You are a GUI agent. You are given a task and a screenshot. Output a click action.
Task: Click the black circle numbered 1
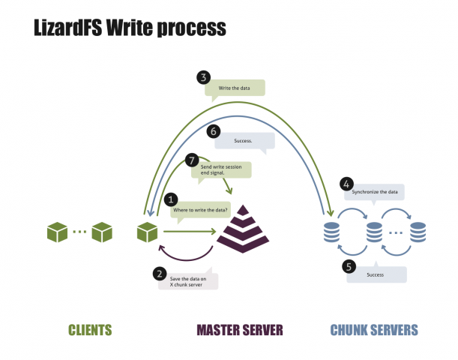pyautogui.click(x=172, y=199)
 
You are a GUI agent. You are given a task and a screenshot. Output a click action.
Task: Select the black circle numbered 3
pyautogui.click(x=203, y=76)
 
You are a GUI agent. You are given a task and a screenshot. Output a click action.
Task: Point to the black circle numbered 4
pyautogui.click(x=346, y=182)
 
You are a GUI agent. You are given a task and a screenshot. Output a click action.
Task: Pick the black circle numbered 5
pyautogui.click(x=348, y=265)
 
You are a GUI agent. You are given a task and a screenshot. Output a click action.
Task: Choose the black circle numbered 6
pyautogui.click(x=214, y=130)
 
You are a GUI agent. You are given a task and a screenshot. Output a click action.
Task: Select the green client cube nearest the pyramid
pyautogui.click(x=146, y=232)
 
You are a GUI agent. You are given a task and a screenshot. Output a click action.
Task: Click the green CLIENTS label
pyautogui.click(x=90, y=329)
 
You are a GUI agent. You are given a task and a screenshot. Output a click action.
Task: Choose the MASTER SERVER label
pyautogui.click(x=241, y=329)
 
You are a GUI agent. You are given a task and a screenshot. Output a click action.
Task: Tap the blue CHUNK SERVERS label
pyautogui.click(x=374, y=329)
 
